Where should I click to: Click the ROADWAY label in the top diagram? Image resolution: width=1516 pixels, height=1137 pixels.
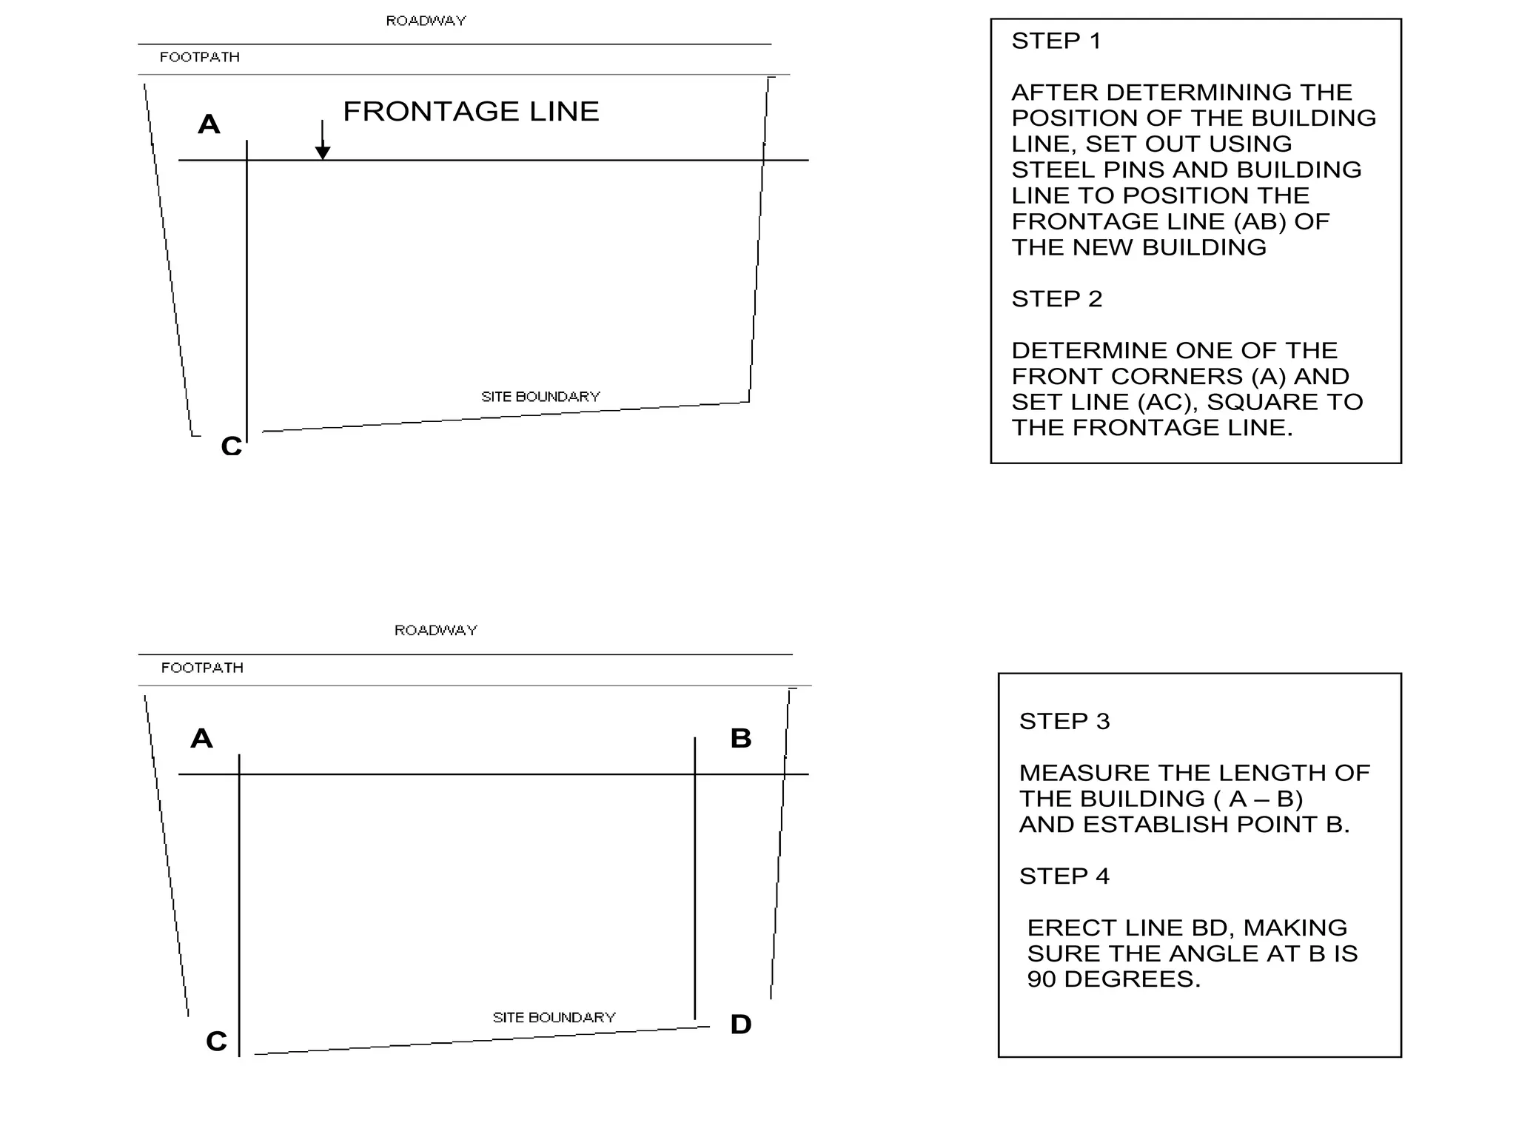pyautogui.click(x=426, y=21)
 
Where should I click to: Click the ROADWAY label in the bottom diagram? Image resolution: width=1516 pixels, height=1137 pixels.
pyautogui.click(x=435, y=630)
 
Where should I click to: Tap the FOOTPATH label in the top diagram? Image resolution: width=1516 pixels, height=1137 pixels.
pyautogui.click(x=200, y=57)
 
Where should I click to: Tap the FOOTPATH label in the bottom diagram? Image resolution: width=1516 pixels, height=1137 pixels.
pyautogui.click(x=202, y=668)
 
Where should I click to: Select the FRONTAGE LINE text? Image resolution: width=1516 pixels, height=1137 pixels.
pyautogui.click(x=471, y=112)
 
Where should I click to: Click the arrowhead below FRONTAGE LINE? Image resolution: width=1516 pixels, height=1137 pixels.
pyautogui.click(x=323, y=152)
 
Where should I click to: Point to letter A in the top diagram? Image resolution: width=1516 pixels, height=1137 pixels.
pyautogui.click(x=209, y=124)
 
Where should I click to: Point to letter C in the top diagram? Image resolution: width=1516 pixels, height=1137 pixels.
pyautogui.click(x=231, y=446)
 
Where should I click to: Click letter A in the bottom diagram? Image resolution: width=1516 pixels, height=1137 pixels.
pyautogui.click(x=201, y=739)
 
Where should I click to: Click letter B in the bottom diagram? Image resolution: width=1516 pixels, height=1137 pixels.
pyautogui.click(x=741, y=739)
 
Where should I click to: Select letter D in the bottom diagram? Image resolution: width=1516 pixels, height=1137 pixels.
pyautogui.click(x=741, y=1024)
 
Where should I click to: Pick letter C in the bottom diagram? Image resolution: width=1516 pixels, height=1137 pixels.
pyautogui.click(x=216, y=1042)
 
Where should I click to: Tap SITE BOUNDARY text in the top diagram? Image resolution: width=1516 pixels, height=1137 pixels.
pyautogui.click(x=540, y=397)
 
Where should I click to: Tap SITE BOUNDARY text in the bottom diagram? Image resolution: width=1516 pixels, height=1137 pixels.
pyautogui.click(x=554, y=1018)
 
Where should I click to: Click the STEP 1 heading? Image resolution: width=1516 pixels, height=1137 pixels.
pyautogui.click(x=1056, y=41)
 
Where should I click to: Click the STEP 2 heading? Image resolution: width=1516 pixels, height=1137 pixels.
pyautogui.click(x=1056, y=299)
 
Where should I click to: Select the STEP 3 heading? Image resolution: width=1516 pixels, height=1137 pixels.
pyautogui.click(x=1064, y=722)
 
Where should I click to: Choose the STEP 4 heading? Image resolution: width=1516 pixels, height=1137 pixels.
pyautogui.click(x=1064, y=876)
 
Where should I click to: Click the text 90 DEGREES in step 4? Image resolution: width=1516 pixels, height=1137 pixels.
pyautogui.click(x=1113, y=979)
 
